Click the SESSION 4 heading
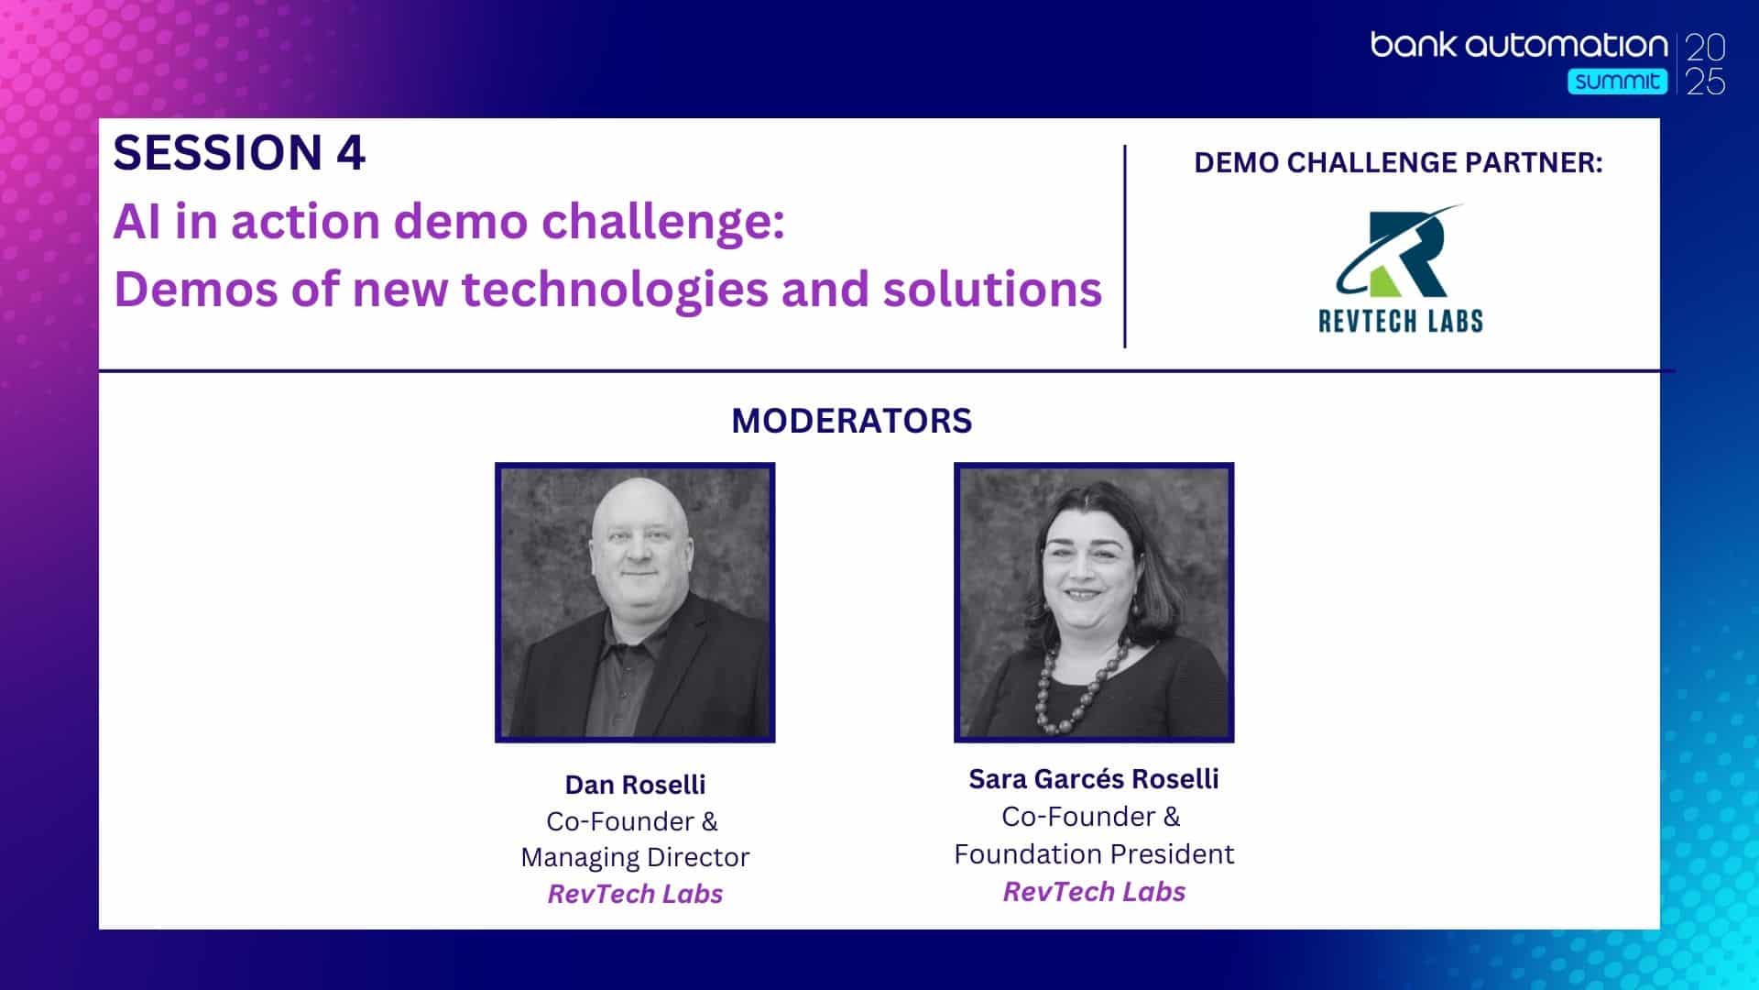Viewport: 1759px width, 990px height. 239,153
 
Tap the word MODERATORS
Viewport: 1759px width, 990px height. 851,421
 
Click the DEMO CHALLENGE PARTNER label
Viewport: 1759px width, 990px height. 1398,162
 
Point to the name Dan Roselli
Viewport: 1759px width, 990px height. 635,785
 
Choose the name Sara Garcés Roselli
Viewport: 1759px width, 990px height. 1094,779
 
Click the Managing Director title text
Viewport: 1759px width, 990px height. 635,858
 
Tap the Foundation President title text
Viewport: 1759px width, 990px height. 1094,854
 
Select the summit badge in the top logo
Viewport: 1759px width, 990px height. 1617,82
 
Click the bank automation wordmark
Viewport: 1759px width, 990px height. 1519,45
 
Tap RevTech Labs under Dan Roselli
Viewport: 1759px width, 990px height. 635,894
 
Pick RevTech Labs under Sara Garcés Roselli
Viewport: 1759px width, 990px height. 1094,892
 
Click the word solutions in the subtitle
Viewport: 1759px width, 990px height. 992,290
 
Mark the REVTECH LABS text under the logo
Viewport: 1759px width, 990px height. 1400,320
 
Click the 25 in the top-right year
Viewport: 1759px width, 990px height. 1706,82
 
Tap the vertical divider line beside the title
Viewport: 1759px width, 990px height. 1125,246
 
